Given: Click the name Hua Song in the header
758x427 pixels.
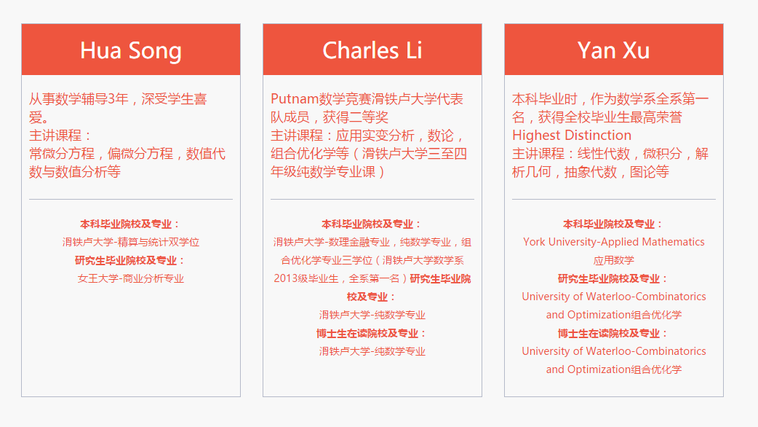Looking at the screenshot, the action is click(130, 51).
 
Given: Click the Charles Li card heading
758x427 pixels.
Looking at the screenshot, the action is click(372, 50).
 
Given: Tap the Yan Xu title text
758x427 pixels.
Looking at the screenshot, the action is click(613, 50).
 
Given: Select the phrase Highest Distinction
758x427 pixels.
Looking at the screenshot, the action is click(571, 135).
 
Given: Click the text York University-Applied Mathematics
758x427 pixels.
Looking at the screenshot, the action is click(613, 242).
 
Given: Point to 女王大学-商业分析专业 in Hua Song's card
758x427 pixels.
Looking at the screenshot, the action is click(130, 278).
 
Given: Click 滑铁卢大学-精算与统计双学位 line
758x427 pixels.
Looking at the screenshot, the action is click(130, 242).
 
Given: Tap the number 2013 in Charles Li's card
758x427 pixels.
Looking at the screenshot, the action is click(284, 278).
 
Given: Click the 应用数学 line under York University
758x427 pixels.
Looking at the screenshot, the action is click(613, 260).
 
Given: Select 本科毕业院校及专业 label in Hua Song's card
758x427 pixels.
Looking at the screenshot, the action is click(126, 224).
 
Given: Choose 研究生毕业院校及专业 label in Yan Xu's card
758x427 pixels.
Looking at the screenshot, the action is click(609, 279).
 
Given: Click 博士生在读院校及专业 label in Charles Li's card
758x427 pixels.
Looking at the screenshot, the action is click(367, 334).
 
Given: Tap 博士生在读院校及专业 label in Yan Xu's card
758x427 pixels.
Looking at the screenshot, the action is click(609, 334).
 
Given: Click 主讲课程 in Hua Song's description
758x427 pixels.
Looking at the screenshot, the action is click(55, 136).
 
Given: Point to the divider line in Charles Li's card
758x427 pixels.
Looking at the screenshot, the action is click(372, 199).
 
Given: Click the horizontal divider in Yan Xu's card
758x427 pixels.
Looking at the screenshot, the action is click(613, 199).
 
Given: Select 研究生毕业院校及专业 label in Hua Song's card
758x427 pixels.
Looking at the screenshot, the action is click(126, 260).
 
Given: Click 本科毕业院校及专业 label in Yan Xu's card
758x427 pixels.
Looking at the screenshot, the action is click(609, 224).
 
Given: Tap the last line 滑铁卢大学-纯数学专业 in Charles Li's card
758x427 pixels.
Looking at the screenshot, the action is click(372, 351).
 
